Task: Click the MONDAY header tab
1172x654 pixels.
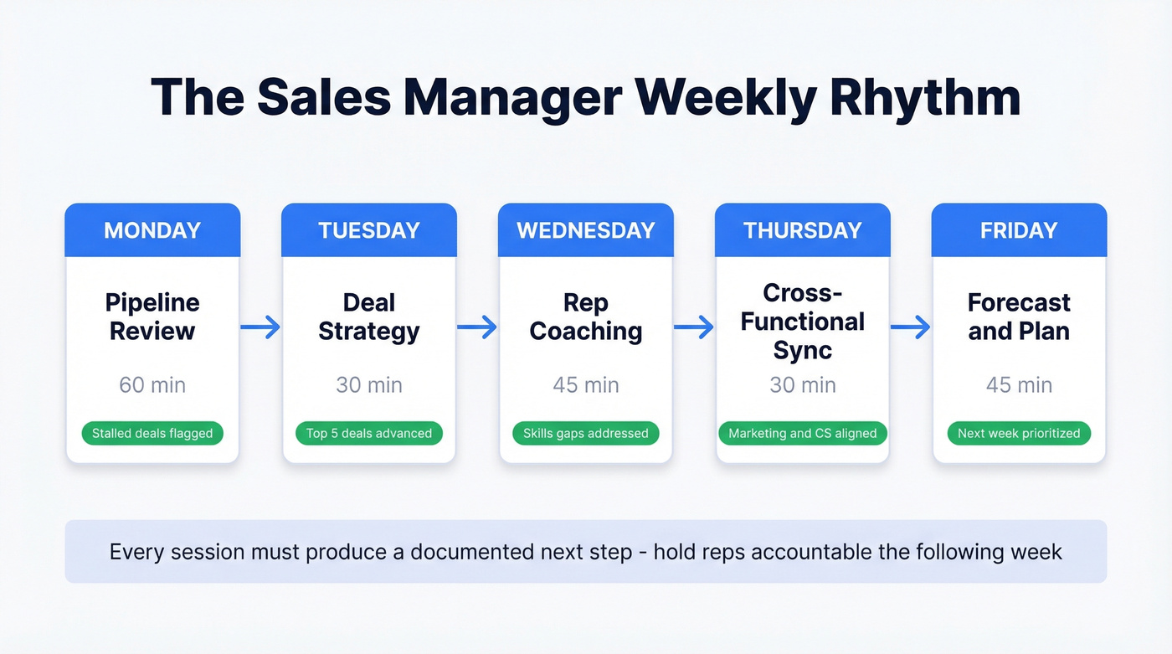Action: pos(152,230)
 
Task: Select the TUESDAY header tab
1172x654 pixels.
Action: pos(369,230)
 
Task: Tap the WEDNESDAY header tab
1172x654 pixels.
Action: pos(586,230)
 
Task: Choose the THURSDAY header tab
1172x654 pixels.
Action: pos(802,230)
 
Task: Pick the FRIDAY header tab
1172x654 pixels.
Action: pos(1019,230)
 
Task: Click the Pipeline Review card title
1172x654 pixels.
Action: pos(152,317)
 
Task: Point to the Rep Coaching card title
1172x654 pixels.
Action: pos(586,317)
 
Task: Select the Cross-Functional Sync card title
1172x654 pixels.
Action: pos(802,322)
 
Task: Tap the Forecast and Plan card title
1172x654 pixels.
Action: pos(1019,317)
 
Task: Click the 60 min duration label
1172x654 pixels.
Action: pos(152,385)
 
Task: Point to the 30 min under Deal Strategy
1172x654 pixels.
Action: pos(369,385)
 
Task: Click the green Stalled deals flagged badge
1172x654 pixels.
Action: pos(152,433)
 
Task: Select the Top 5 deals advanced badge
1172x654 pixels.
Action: pos(369,433)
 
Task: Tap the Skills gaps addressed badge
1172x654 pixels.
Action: pos(586,433)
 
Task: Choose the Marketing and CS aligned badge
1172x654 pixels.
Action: pos(802,433)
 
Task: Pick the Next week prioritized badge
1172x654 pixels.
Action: pos(1019,433)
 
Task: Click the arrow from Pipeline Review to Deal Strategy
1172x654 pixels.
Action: pos(260,327)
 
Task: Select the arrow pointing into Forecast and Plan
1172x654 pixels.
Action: pos(910,327)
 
